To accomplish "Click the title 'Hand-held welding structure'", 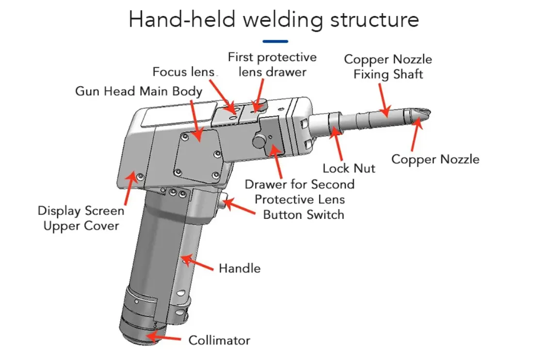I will click(x=274, y=20).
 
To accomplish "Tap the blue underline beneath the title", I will click(x=274, y=42).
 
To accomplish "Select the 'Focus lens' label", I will click(x=183, y=72).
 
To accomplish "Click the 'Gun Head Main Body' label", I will click(x=139, y=91).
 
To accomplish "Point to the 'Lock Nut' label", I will click(x=349, y=168).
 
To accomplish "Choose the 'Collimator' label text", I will click(x=219, y=340).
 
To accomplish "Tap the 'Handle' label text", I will click(x=240, y=268).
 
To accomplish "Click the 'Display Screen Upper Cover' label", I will click(x=81, y=218).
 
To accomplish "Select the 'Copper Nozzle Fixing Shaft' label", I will click(x=388, y=67).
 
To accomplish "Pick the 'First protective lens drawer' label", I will click(x=272, y=65).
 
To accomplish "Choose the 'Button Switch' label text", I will click(x=304, y=214).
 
